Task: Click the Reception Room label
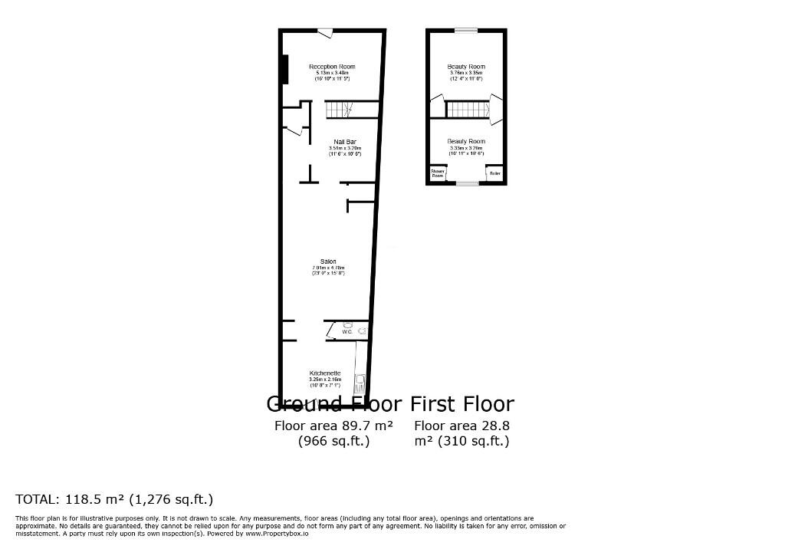click(332, 67)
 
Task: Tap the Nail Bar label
click(344, 142)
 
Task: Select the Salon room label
click(328, 261)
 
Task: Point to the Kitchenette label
click(324, 373)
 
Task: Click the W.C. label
click(347, 332)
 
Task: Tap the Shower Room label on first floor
click(437, 174)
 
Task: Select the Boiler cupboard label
click(494, 174)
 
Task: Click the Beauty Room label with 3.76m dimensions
click(466, 67)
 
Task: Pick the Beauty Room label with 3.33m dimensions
click(466, 141)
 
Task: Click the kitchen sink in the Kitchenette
click(359, 382)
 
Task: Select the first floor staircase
click(467, 110)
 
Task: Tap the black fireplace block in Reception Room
click(284, 69)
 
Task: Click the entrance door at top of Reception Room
click(325, 31)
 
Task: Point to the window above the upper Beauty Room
click(465, 31)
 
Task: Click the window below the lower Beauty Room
click(466, 184)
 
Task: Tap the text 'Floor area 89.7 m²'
click(333, 426)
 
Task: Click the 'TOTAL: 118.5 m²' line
click(114, 499)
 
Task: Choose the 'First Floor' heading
click(462, 404)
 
